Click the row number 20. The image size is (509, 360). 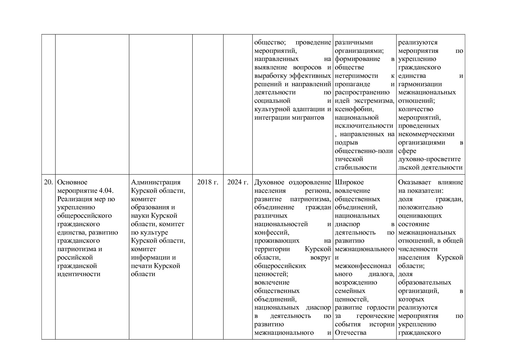(x=48, y=182)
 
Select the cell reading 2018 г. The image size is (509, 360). (x=208, y=182)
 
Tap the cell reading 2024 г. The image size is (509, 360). (x=238, y=182)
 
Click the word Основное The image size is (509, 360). (x=72, y=182)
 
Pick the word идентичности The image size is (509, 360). (x=79, y=274)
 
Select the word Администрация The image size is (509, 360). (x=156, y=182)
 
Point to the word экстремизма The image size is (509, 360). (x=378, y=101)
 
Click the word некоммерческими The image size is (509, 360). (x=426, y=134)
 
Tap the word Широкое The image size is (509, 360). (x=349, y=182)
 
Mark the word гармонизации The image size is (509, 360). (x=420, y=84)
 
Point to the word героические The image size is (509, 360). (x=375, y=316)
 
